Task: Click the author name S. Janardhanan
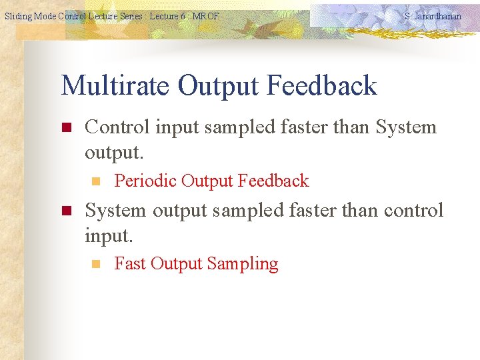[x=432, y=16]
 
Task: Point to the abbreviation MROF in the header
[x=205, y=16]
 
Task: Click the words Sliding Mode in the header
[x=29, y=16]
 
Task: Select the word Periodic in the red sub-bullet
[x=145, y=181]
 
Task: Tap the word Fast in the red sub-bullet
[x=130, y=263]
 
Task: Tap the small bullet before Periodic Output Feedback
[x=95, y=181]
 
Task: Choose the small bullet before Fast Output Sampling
[x=95, y=264]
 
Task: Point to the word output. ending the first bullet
[x=113, y=153]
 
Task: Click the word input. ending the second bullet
[x=109, y=235]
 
